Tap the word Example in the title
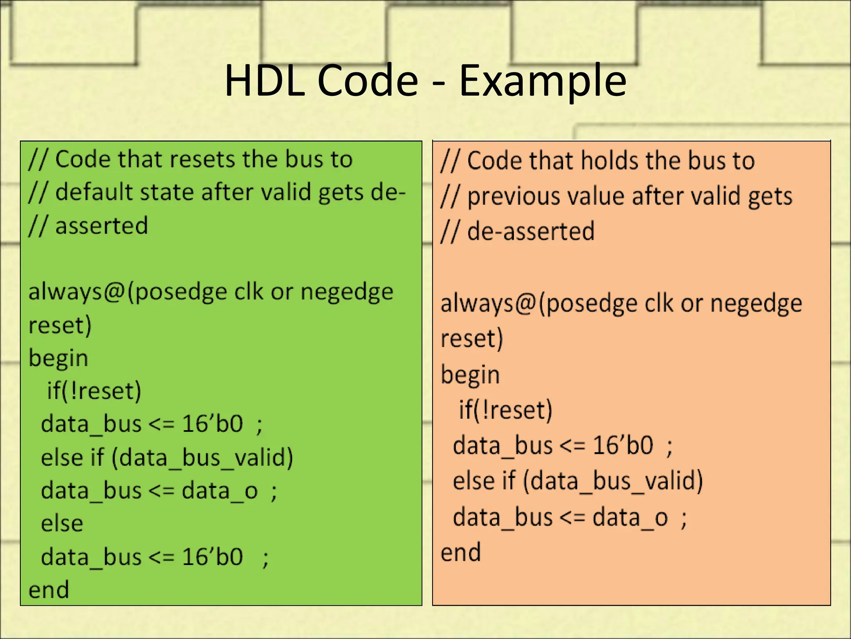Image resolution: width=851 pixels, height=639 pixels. (x=542, y=81)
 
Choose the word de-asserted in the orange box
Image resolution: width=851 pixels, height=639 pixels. (x=531, y=231)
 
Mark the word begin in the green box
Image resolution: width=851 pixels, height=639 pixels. (x=58, y=359)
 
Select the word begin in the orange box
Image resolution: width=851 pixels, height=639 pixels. (x=470, y=375)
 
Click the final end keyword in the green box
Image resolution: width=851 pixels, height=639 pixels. (x=49, y=590)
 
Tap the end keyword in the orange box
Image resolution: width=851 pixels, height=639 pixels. (x=460, y=552)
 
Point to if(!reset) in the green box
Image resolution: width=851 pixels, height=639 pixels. (x=94, y=391)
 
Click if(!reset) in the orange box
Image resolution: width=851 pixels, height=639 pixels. (x=505, y=410)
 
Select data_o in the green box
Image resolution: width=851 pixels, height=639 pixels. (x=220, y=490)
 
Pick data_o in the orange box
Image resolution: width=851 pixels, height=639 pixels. (x=630, y=518)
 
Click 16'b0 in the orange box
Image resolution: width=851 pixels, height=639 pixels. (x=622, y=445)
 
